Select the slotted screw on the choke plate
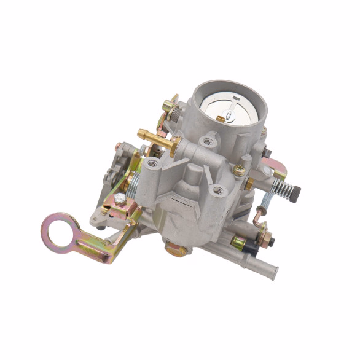pos(229,112)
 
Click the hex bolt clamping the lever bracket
pos(120,198)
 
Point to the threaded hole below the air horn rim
pos(208,141)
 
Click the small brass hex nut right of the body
pos(249,184)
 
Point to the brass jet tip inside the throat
pos(220,118)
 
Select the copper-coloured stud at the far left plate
pos(119,147)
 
